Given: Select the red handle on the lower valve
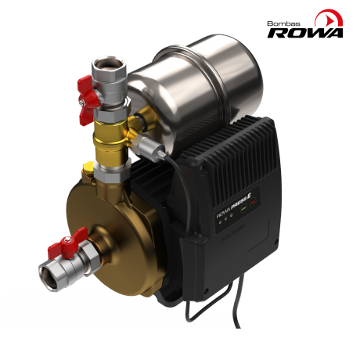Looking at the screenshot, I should click(66, 244).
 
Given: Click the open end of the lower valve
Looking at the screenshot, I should click(49, 274).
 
